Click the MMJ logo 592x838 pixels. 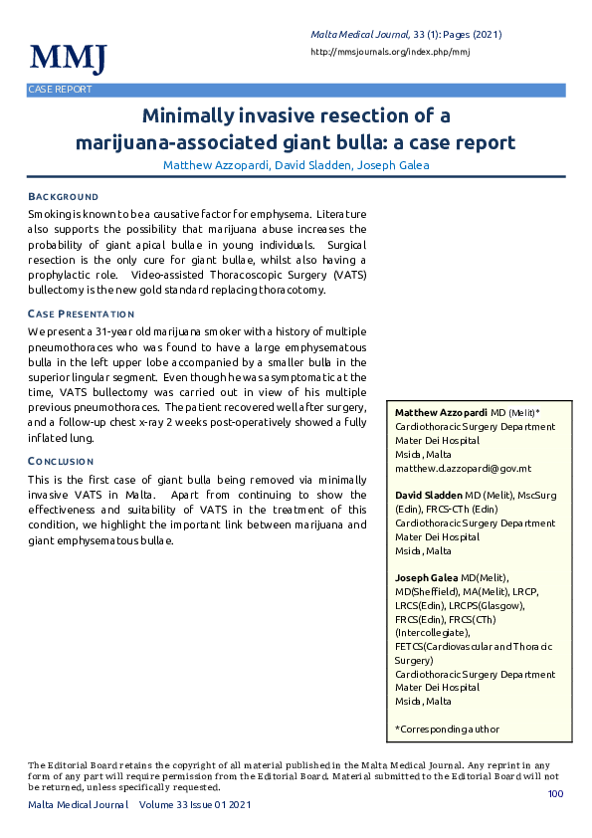pyautogui.click(x=68, y=58)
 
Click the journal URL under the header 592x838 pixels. pyautogui.click(x=390, y=51)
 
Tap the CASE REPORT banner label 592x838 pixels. pyautogui.click(x=60, y=90)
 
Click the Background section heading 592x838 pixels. pyautogui.click(x=63, y=197)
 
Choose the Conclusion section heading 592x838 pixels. pyautogui.click(x=61, y=462)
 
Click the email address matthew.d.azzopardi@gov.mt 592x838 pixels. pyautogui.click(x=463, y=468)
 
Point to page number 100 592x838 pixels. pyautogui.click(x=555, y=793)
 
